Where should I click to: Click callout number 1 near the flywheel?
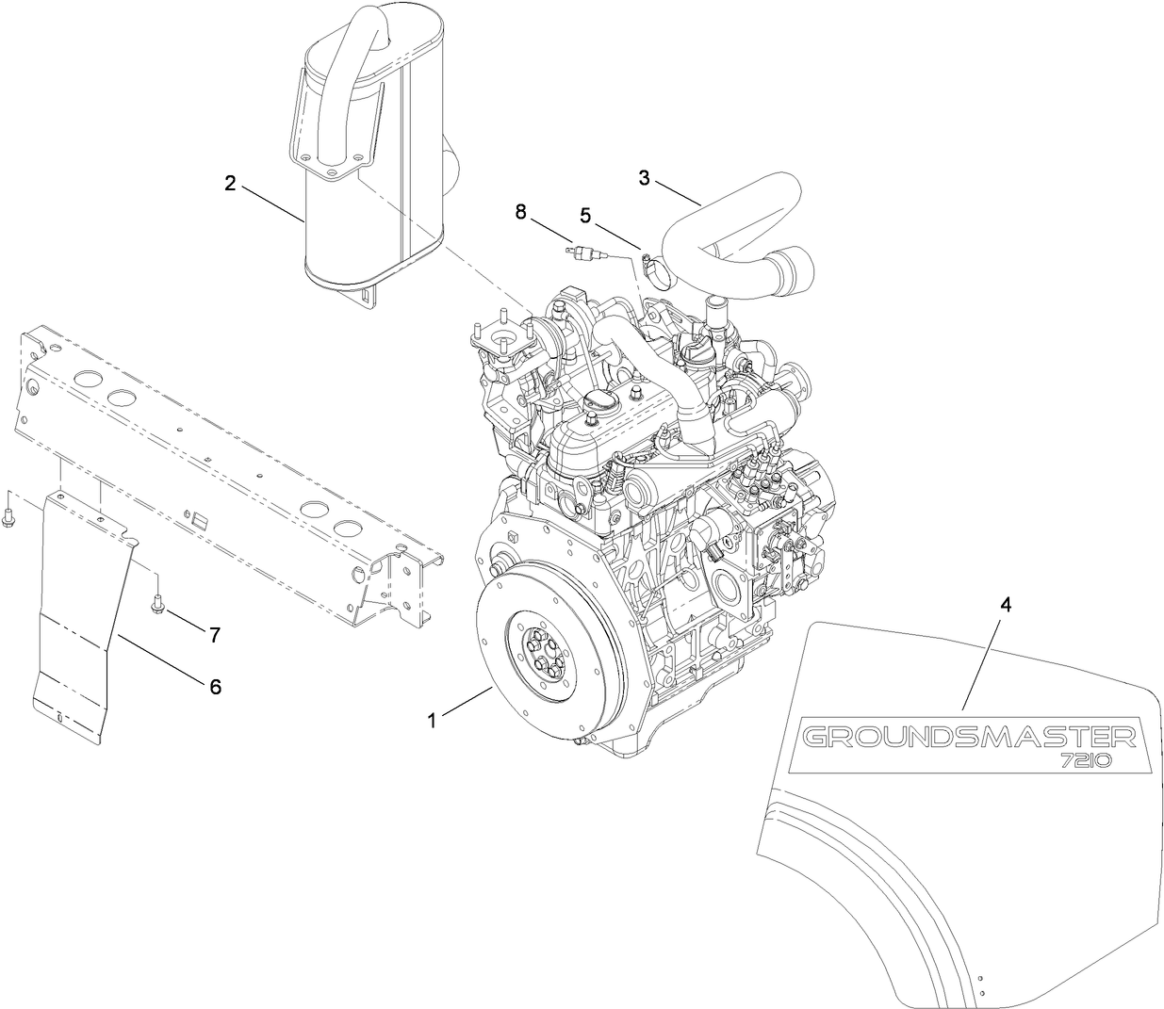tap(432, 721)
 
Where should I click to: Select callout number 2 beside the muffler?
tap(230, 183)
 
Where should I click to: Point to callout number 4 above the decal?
tap(1006, 606)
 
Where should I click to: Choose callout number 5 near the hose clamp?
tap(585, 216)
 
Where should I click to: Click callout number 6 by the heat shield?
tap(215, 687)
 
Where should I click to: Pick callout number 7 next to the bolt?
tap(215, 636)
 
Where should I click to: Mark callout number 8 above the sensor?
tap(520, 212)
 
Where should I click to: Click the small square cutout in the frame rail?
tap(199, 517)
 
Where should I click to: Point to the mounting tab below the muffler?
tap(367, 293)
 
